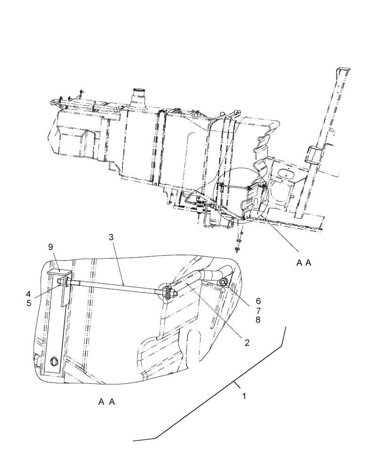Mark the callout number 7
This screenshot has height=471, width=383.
(258, 309)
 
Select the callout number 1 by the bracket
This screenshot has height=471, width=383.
(244, 397)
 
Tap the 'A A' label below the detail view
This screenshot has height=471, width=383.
(107, 402)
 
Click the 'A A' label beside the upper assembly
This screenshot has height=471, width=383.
(304, 264)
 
